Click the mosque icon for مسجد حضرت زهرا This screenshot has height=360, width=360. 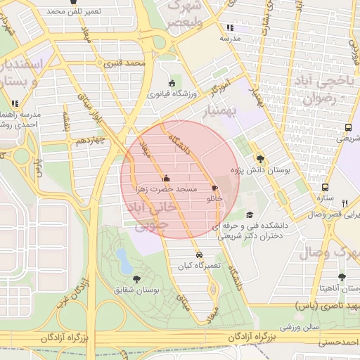[166, 178]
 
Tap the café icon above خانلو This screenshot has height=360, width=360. [214, 188]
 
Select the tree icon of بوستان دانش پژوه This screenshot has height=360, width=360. [261, 159]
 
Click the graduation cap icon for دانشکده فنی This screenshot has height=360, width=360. [250, 215]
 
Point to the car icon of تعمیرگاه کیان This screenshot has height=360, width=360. [200, 255]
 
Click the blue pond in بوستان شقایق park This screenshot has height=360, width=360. [124, 260]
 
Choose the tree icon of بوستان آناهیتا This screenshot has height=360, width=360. [342, 278]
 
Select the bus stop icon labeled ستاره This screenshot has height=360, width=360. [325, 187]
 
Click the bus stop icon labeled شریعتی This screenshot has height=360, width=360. [348, 128]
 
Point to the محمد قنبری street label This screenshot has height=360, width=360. [124, 63]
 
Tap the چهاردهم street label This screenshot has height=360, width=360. [91, 141]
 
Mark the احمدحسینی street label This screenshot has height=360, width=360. [337, 342]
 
